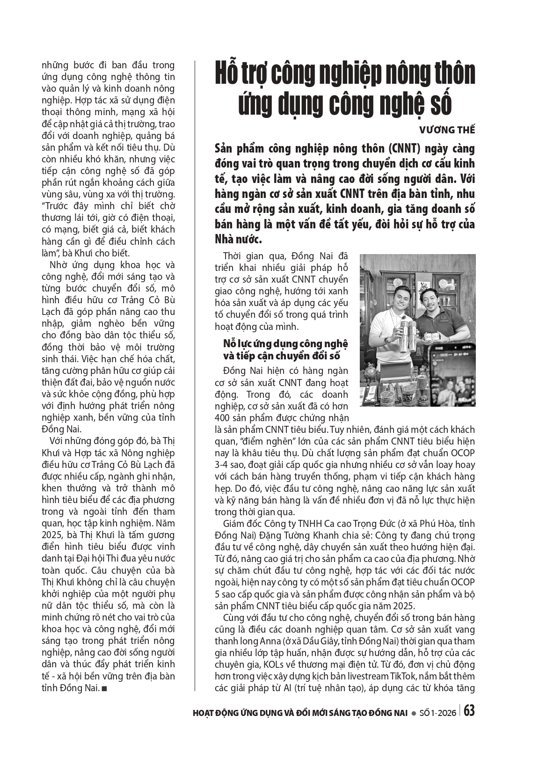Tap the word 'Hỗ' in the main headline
click(x=227, y=73)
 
